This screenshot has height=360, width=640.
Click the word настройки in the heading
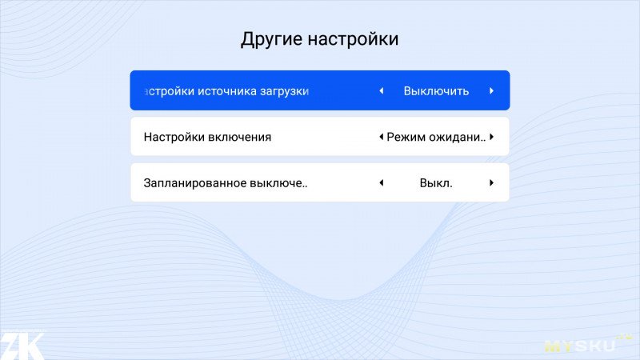click(353, 39)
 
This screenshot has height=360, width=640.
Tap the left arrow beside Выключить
click(382, 90)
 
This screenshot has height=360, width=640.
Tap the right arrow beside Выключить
click(491, 90)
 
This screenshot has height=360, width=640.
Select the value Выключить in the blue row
click(436, 90)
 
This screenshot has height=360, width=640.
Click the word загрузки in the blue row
click(285, 91)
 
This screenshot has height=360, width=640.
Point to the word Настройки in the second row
click(174, 137)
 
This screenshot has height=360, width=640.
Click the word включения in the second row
click(239, 137)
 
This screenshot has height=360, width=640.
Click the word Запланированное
click(194, 183)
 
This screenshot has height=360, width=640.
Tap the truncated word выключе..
click(278, 183)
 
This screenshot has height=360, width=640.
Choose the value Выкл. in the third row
click(436, 183)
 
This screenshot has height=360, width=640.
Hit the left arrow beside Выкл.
click(382, 182)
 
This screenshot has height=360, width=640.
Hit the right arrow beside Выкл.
click(491, 182)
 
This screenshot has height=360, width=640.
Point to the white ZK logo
click(22, 346)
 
